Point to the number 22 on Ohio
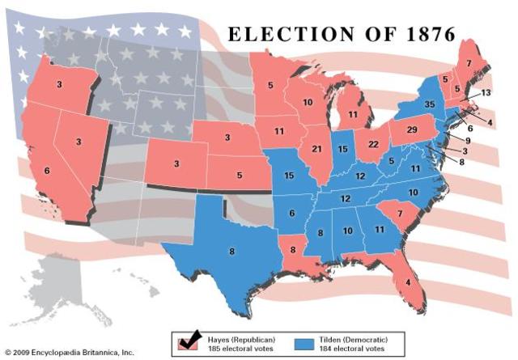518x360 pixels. coord(373,144)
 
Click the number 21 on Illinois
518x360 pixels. coord(316,149)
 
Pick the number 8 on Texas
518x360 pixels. coord(231,252)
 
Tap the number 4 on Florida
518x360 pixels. coord(408,282)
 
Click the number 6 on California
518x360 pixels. coord(46,171)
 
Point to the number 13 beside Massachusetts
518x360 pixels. coord(485,93)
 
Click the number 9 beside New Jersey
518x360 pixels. coord(468,140)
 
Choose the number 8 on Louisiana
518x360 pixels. coord(292,250)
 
